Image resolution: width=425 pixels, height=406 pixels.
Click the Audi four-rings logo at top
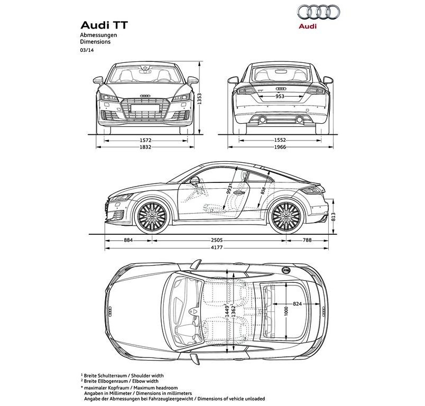[x=318, y=12]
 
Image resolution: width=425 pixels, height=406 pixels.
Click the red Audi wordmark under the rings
[x=308, y=26]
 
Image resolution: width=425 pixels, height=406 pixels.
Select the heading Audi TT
[x=104, y=25]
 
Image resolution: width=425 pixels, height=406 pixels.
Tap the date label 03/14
[x=87, y=50]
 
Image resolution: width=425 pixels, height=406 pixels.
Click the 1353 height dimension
[x=199, y=99]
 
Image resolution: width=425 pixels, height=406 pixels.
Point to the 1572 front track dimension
[x=145, y=141]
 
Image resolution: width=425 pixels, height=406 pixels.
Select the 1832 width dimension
[x=145, y=147]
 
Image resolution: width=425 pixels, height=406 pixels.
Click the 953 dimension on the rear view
[x=280, y=96]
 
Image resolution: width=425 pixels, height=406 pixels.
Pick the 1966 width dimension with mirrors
[x=280, y=147]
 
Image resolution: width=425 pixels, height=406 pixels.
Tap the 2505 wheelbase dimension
[x=217, y=240]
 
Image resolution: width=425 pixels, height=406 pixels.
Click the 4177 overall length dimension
[x=217, y=247]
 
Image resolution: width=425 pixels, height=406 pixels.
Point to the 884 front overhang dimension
[x=128, y=240]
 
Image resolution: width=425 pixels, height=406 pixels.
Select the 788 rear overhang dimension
[x=307, y=240]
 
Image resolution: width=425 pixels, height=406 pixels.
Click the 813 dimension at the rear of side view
[x=333, y=217]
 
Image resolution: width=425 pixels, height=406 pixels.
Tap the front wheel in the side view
[x=152, y=216]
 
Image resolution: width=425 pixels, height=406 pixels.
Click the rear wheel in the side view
[x=286, y=216]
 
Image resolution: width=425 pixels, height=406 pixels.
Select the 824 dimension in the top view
[x=297, y=304]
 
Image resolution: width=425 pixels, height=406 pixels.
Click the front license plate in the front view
[x=145, y=108]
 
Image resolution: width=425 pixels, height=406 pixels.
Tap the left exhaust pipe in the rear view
[x=262, y=119]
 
